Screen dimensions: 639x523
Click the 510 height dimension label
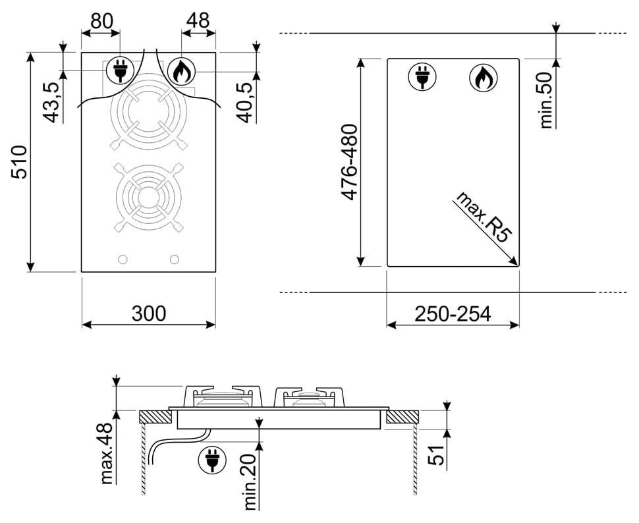20,161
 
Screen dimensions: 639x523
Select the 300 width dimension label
149,314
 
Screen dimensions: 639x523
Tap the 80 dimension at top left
101,21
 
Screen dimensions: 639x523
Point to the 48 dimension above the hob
198,20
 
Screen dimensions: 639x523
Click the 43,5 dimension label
53,102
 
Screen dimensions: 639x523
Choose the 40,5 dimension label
246,102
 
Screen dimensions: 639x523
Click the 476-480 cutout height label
349,162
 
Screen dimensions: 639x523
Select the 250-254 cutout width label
453,314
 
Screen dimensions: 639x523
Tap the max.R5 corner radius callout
484,217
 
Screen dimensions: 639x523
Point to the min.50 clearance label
545,101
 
